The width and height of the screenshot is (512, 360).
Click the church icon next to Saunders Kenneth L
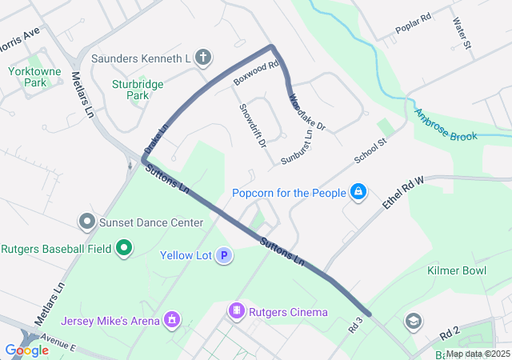click(203, 58)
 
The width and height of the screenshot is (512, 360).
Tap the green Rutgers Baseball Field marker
click(123, 249)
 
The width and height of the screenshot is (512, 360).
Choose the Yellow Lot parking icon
click(225, 256)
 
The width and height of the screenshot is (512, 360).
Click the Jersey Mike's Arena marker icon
click(170, 321)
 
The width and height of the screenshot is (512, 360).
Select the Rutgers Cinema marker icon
click(236, 311)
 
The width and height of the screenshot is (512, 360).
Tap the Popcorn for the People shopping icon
click(358, 192)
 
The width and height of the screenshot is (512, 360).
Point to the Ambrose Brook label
click(446, 126)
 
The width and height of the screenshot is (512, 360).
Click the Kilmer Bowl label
click(456, 271)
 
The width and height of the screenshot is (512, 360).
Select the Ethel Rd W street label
click(402, 194)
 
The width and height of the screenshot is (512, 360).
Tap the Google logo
click(26, 350)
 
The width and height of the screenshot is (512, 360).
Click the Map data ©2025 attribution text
click(477, 354)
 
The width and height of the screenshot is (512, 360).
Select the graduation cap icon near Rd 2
click(413, 322)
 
